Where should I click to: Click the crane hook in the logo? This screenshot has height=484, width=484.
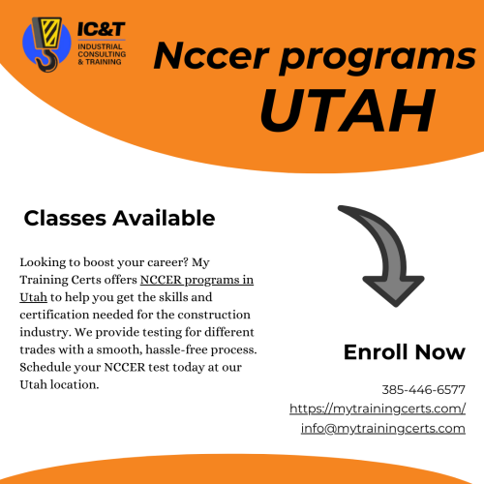point(48,61)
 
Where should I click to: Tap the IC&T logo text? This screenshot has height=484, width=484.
point(101,29)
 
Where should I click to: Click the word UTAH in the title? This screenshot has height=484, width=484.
point(348,110)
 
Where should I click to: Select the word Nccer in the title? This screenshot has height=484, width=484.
point(211,55)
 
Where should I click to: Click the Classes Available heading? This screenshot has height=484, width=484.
point(119,218)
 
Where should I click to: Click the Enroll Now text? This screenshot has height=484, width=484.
point(405,351)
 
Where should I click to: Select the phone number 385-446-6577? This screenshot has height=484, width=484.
point(423,390)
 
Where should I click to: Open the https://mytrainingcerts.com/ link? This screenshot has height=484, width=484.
point(378,408)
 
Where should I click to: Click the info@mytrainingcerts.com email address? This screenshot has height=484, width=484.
point(383,429)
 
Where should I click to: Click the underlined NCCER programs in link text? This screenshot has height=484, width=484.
point(197,281)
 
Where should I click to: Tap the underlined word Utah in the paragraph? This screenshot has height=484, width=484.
point(33,297)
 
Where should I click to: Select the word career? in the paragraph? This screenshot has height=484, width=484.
point(167,262)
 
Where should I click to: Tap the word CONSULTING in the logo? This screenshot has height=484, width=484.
point(102,54)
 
